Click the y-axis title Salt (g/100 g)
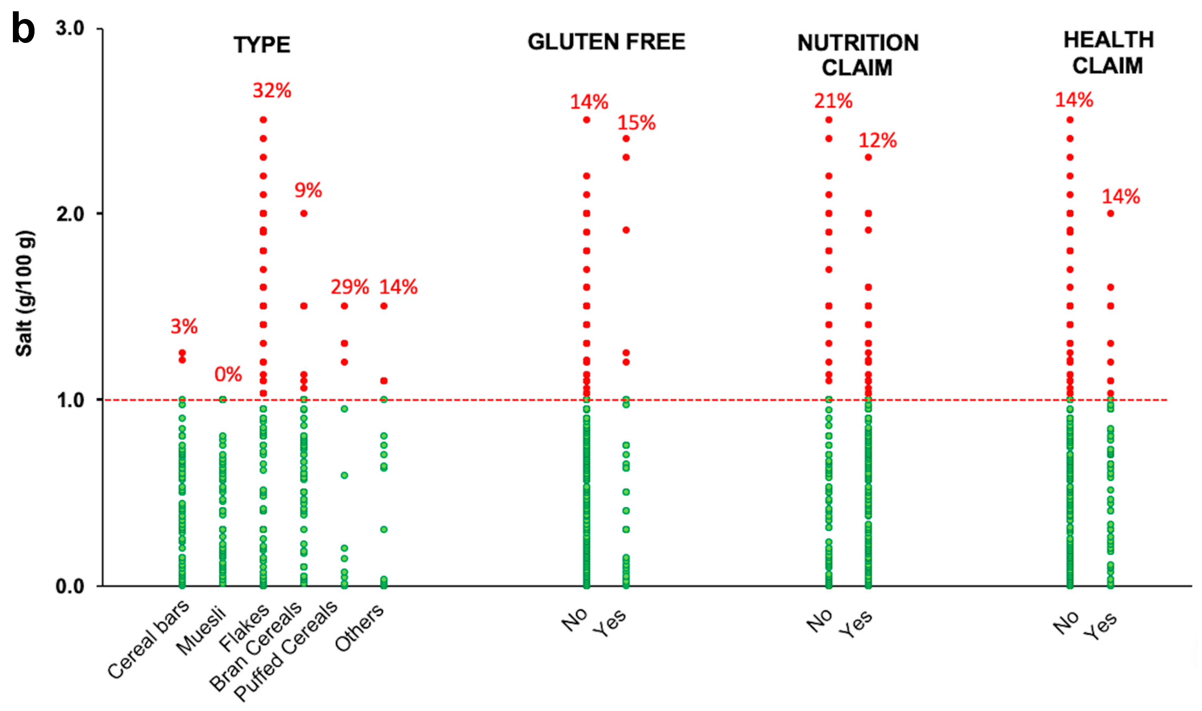point(25,294)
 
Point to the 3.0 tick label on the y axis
point(70,28)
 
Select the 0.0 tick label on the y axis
point(70,586)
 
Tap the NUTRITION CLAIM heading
point(857,55)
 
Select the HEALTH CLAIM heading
point(1108,53)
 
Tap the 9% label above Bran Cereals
point(308,190)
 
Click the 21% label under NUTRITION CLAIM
point(833,101)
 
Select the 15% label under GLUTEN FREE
point(636,123)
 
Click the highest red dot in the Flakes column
point(263,120)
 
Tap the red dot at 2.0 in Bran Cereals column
point(303,214)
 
